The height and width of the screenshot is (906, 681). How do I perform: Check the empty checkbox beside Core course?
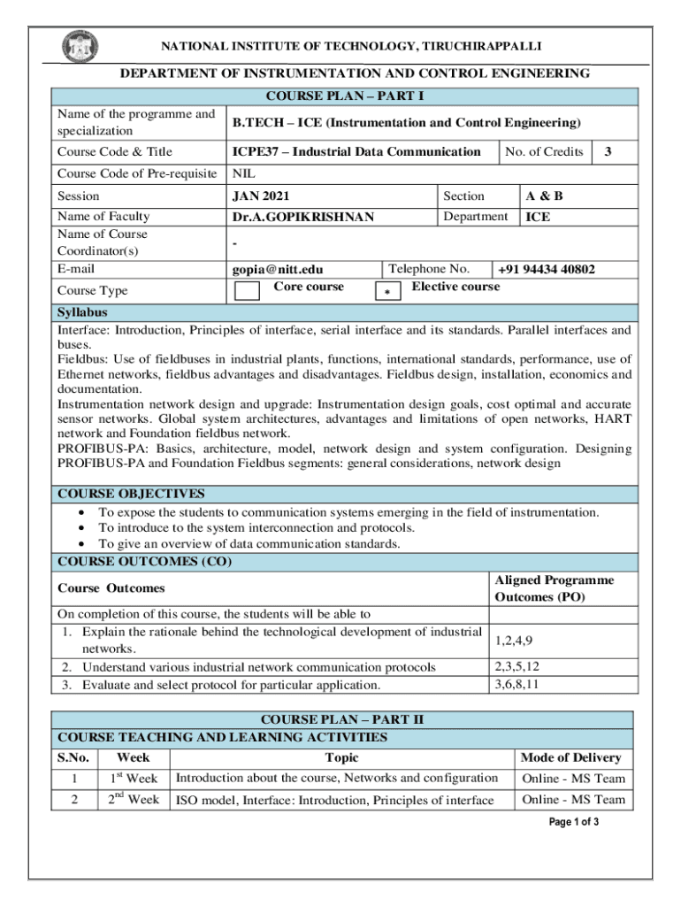point(248,291)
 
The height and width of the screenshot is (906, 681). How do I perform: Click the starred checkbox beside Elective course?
point(387,292)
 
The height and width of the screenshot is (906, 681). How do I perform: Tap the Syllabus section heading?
point(82,313)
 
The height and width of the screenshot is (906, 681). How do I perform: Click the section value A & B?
point(544,196)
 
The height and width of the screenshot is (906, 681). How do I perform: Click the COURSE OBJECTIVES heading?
point(131,494)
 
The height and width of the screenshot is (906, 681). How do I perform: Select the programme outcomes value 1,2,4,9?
point(514,640)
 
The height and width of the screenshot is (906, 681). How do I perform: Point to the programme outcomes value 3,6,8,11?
point(517,684)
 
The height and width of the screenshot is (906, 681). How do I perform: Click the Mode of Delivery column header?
point(570,757)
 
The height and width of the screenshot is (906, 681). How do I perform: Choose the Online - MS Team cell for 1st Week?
point(573,779)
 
